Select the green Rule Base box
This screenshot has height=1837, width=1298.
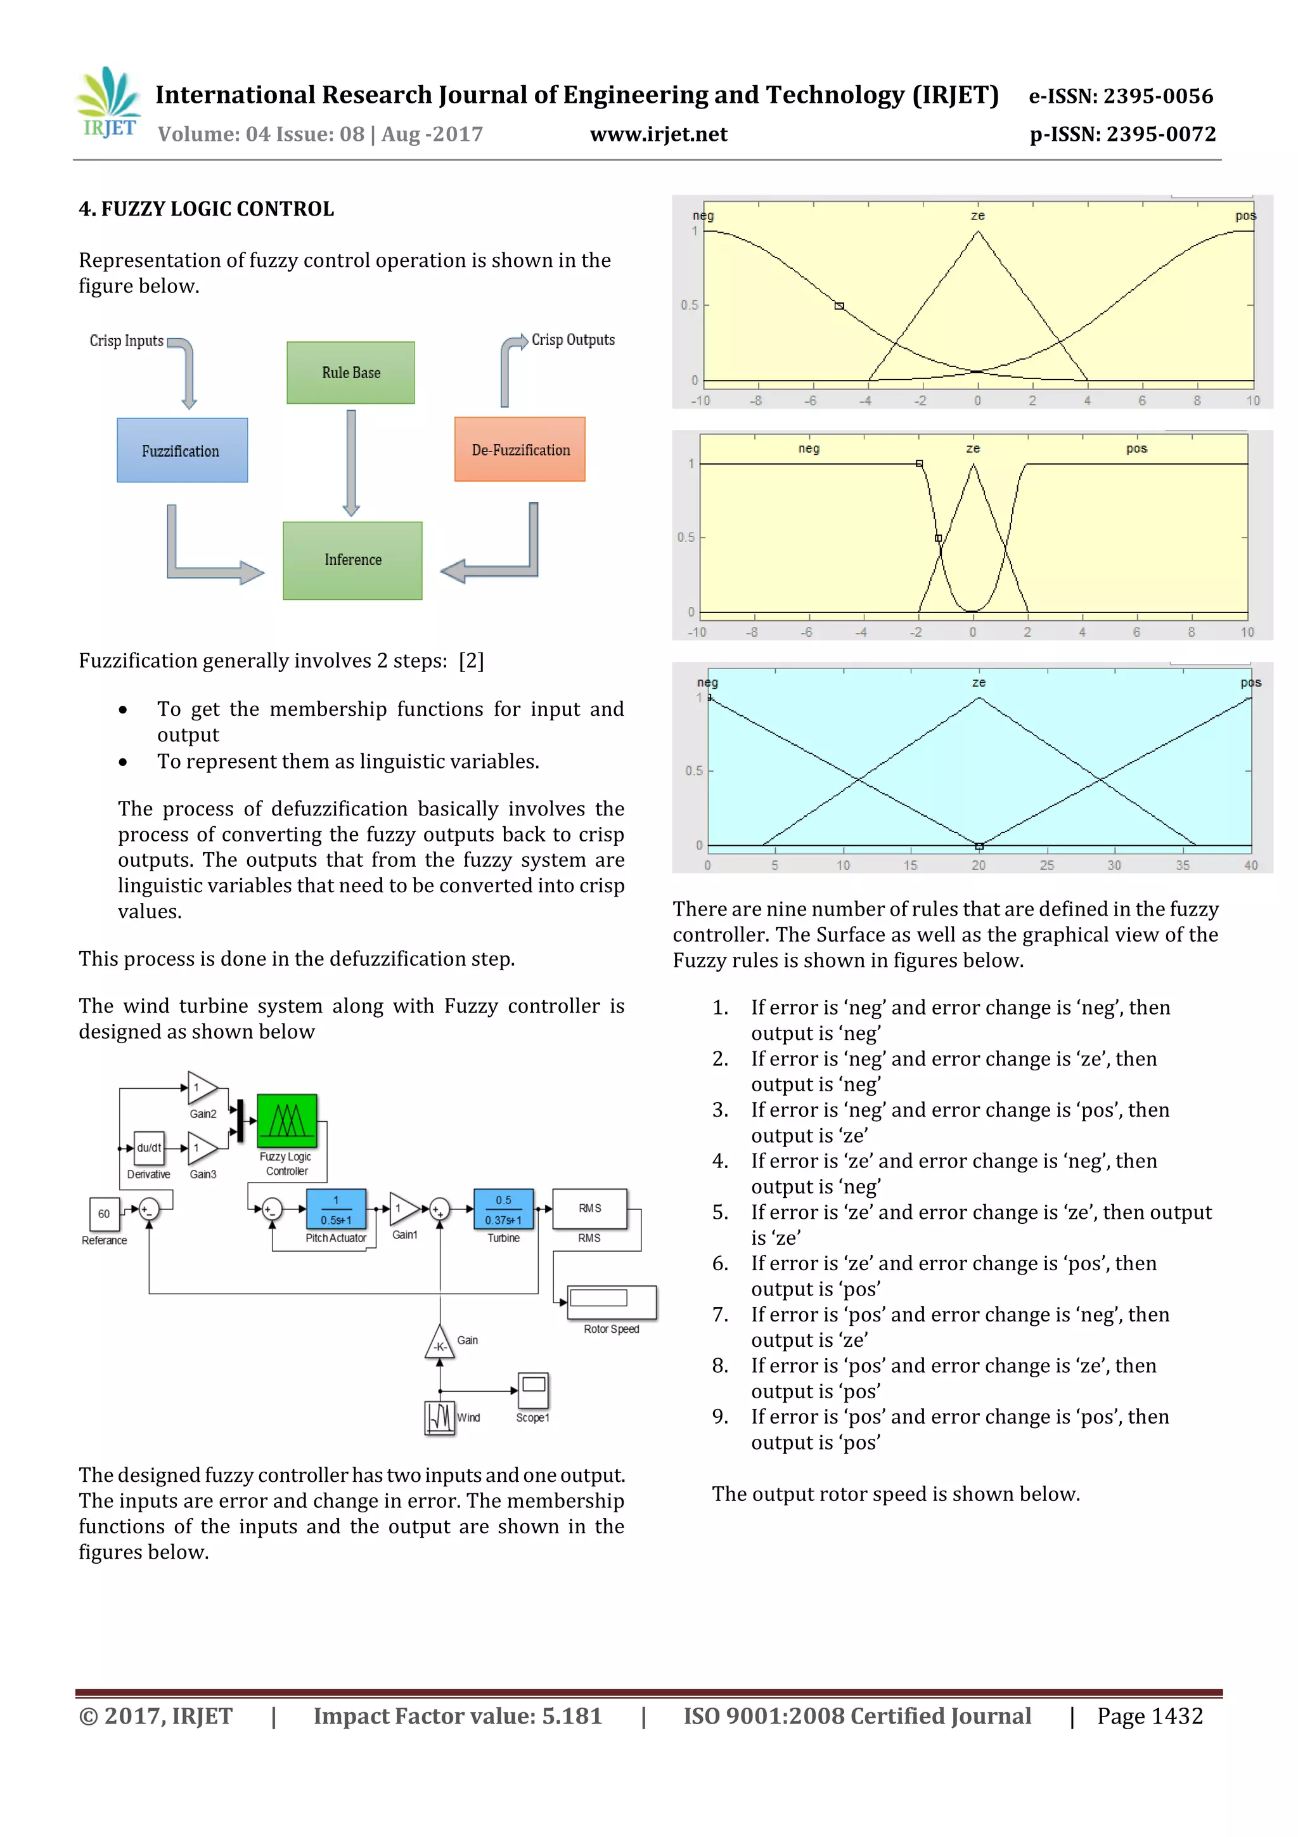350,373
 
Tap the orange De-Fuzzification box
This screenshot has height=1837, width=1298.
520,450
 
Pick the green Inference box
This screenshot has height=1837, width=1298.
352,560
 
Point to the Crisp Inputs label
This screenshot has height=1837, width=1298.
126,341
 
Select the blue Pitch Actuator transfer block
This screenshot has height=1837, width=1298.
336,1209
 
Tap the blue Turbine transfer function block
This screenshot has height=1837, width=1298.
503,1209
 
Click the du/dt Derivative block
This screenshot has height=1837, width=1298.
149,1148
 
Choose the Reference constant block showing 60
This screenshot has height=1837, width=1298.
104,1214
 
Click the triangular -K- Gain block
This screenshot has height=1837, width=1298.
439,1344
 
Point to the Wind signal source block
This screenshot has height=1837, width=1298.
439,1417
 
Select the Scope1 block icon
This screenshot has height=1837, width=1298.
534,1391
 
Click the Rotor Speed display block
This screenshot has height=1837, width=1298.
612,1302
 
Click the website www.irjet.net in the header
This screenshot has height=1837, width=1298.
659,134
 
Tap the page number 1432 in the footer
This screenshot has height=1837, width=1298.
1176,1716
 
